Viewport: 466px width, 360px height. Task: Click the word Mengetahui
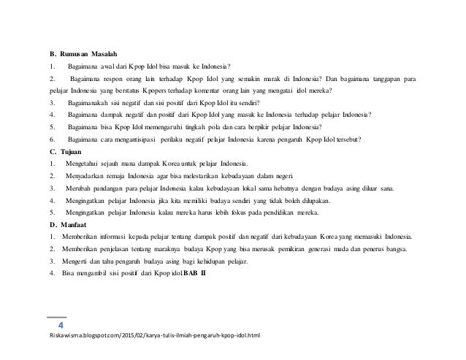coord(86,164)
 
